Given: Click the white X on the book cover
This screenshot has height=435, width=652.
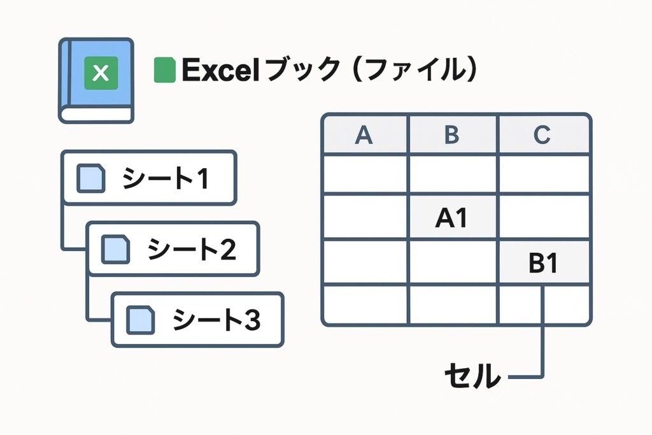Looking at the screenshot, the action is point(101,73).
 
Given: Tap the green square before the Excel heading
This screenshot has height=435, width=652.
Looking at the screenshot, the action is point(165,70).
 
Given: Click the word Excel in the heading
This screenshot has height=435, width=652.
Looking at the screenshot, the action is point(221,70).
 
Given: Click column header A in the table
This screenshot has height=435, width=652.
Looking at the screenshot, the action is point(364,135).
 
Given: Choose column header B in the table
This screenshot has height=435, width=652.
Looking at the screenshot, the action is point(452,135).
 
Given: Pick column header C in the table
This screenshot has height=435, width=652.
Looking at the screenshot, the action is point(542,135).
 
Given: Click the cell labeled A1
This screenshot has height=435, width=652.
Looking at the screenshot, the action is point(453,217).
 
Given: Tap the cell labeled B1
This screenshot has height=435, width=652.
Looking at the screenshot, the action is point(544,262).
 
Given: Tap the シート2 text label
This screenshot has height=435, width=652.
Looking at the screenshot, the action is point(192,249).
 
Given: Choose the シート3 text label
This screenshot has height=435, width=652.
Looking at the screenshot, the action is point(216,320).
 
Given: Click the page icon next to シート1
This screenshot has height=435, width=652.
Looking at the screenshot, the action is point(90,178).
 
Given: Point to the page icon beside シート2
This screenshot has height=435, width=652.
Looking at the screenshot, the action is point(116,249).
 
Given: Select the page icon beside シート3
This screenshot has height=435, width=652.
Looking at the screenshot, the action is point(141,320).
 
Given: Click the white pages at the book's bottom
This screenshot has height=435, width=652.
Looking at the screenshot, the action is point(97,115).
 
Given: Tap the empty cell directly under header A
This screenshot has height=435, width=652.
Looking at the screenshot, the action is point(365,174).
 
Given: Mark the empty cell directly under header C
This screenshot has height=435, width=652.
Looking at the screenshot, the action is point(544,174).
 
